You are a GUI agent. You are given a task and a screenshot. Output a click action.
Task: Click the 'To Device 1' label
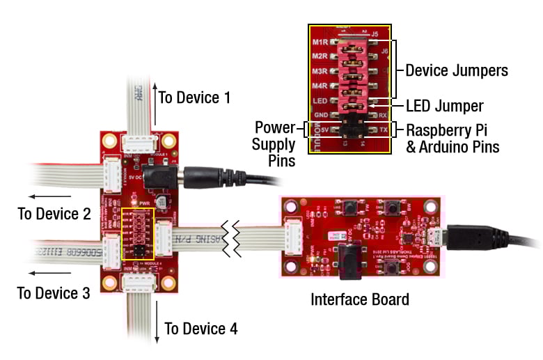pyautogui.click(x=194, y=97)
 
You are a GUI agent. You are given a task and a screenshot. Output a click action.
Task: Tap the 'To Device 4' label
pyautogui.click(x=200, y=329)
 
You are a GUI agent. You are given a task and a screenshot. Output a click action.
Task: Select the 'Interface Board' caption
pyautogui.click(x=360, y=300)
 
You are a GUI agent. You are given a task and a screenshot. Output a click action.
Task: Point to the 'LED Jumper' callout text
pyautogui.click(x=444, y=106)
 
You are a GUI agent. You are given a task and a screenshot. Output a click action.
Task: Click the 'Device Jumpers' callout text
pyautogui.click(x=456, y=70)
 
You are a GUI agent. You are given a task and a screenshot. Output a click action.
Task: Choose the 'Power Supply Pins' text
pyautogui.click(x=275, y=145)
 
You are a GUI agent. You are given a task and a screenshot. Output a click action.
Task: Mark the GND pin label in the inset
pyautogui.click(x=321, y=115)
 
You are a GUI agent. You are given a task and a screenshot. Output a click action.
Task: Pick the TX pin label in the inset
pyautogui.click(x=382, y=130)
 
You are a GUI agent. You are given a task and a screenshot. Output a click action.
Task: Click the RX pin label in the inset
pyautogui.click(x=382, y=115)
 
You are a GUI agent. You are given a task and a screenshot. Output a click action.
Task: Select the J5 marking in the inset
pyautogui.click(x=375, y=33)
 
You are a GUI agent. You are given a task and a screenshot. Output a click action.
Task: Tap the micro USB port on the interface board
pyautogui.click(x=437, y=235)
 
